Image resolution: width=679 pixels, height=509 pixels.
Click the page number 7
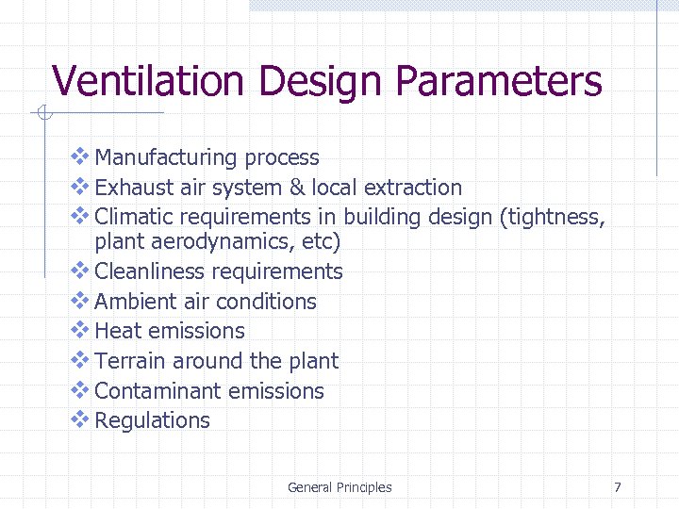point(618,487)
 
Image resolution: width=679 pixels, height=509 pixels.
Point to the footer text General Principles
point(339,487)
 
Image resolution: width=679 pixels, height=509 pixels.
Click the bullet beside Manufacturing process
point(81,156)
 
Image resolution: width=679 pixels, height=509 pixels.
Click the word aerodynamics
point(211,242)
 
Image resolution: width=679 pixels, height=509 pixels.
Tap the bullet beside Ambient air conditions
point(81,301)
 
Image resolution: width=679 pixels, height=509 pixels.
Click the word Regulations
point(153,421)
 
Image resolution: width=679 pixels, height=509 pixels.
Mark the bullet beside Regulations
point(81,419)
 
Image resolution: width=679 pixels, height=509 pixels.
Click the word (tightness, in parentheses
point(553,218)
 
